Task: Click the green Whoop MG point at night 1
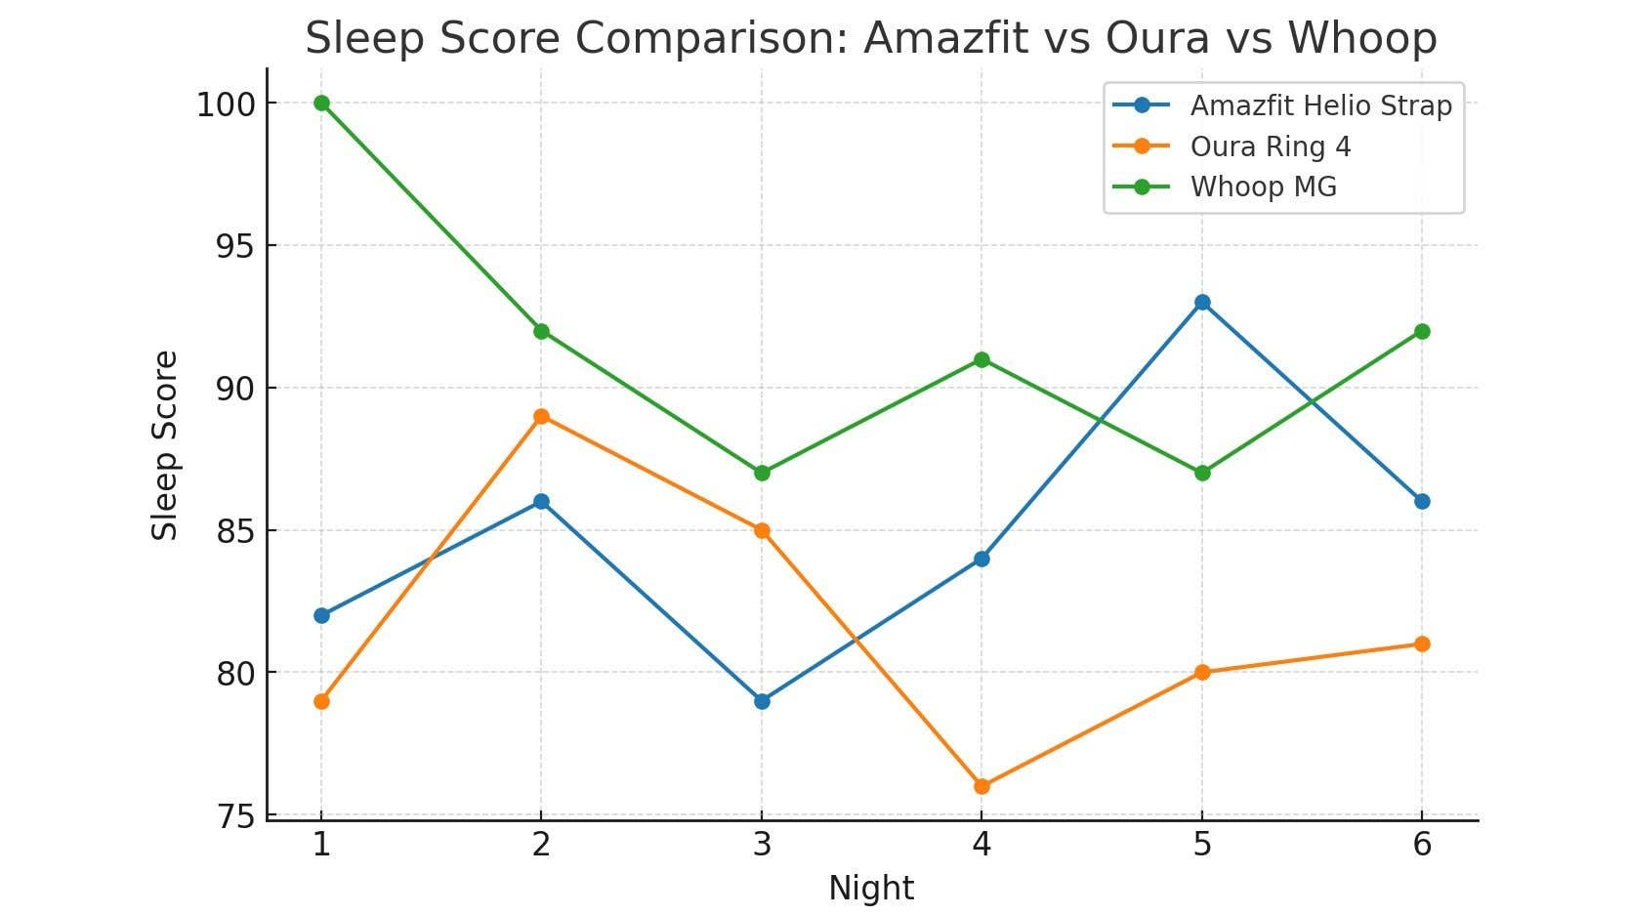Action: pos(321,104)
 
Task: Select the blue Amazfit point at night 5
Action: pos(1202,303)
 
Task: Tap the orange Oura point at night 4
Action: pos(981,786)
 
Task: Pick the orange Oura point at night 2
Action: pos(541,417)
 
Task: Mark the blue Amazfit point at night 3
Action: pos(762,701)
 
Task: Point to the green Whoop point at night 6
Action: pos(1422,331)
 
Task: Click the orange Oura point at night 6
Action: pos(1422,644)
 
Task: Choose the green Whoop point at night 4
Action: pos(981,360)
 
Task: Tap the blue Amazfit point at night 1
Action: pos(321,615)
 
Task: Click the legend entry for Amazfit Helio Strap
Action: pos(1320,105)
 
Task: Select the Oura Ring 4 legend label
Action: pos(1270,146)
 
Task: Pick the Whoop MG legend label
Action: pos(1263,187)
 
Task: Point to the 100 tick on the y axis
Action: pos(226,104)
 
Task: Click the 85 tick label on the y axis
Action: pos(233,531)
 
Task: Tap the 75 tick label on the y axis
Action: pos(233,816)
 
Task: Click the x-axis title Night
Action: pos(871,889)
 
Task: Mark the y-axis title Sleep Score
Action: pos(165,445)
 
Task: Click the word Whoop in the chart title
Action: pos(1362,38)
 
